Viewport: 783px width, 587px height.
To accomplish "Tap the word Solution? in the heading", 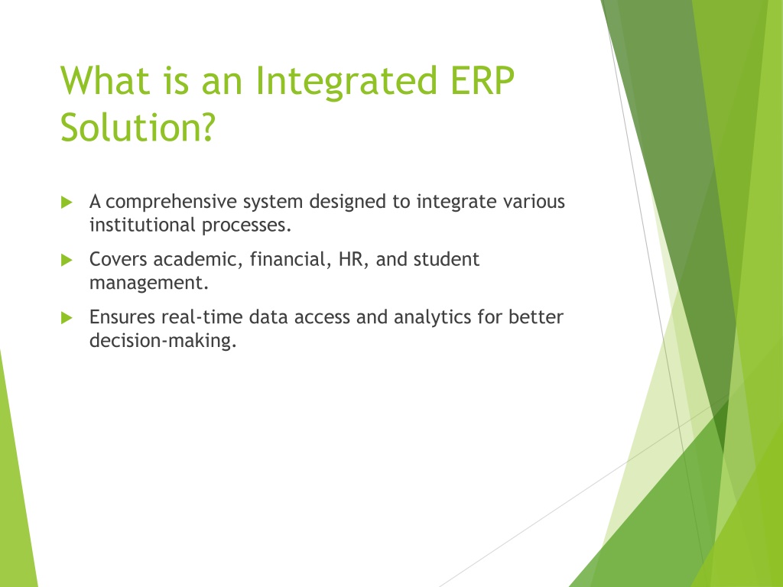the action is [x=138, y=127].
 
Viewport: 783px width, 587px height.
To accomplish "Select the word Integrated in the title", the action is [x=346, y=82].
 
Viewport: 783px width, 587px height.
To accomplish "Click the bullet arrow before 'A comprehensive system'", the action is [x=67, y=202].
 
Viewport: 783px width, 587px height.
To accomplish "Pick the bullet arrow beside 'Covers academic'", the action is [x=67, y=260].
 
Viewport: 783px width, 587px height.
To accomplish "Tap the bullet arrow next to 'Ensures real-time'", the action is [x=67, y=317].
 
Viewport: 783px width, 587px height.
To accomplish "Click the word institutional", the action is [x=142, y=225].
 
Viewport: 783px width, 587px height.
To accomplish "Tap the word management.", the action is [x=149, y=284].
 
